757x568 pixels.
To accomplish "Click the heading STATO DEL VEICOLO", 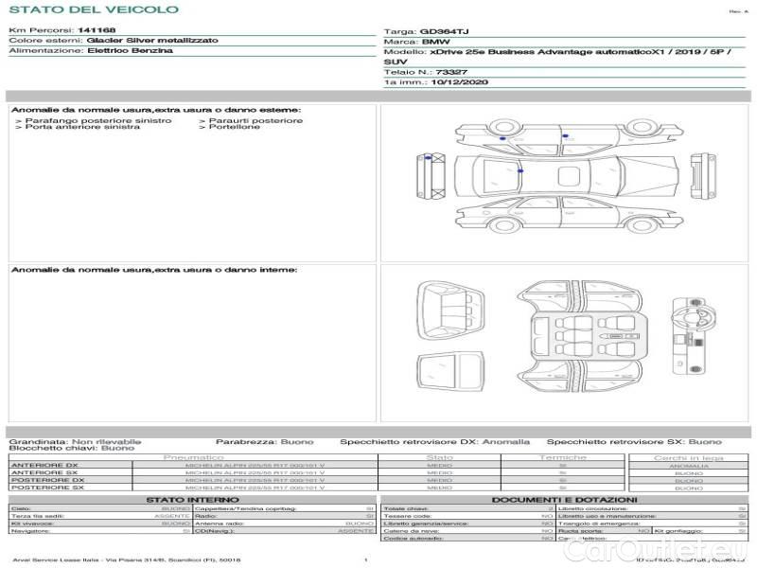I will click(x=93, y=9).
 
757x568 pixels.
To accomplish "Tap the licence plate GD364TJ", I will click(x=443, y=31).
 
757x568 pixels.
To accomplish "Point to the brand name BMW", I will click(x=435, y=42).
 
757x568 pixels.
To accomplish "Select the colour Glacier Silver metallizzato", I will click(x=151, y=41).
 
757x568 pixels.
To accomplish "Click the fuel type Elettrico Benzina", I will click(x=130, y=51).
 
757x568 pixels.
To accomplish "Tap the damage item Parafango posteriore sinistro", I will click(x=97, y=120).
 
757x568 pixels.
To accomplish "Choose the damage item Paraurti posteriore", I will click(x=255, y=120).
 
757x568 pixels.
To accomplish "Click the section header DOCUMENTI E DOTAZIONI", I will click(x=564, y=499).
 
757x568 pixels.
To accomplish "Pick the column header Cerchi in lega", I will click(x=688, y=457).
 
